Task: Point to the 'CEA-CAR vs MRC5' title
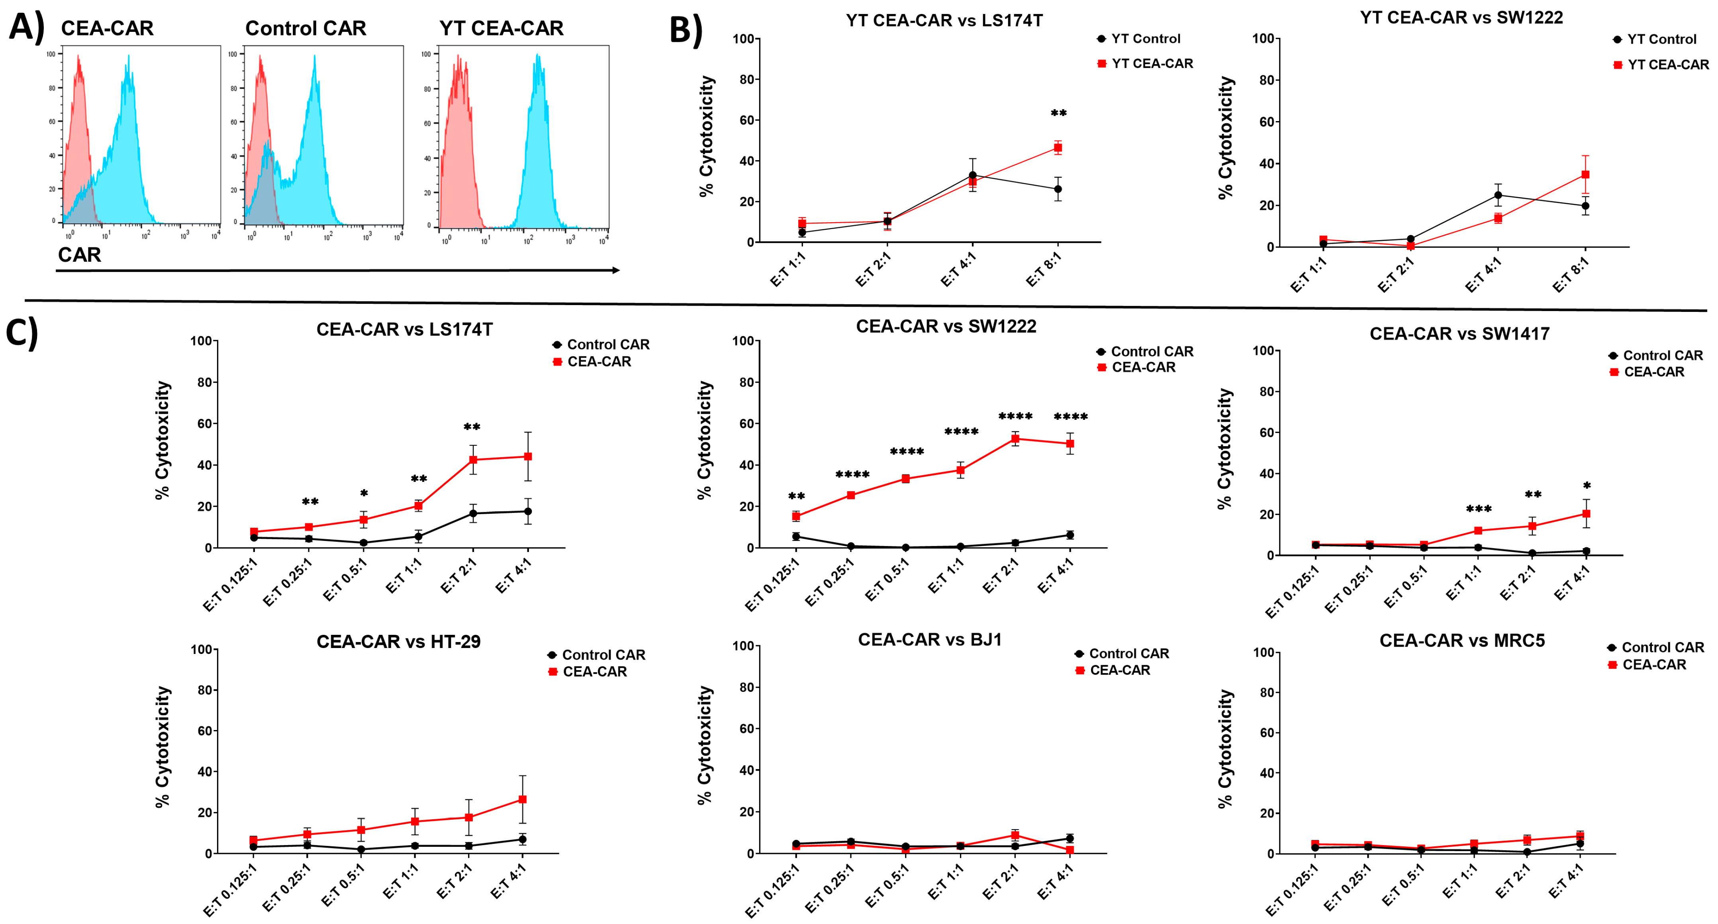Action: (1462, 641)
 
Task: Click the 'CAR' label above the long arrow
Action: (79, 254)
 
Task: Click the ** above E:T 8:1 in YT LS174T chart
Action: (1058, 114)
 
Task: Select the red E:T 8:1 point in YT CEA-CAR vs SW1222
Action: (1585, 175)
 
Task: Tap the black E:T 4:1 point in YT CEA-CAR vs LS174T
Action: (972, 175)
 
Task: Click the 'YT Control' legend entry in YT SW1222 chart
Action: (1661, 39)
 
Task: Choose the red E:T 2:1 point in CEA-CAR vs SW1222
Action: (1015, 439)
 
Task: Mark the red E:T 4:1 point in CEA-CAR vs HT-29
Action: (522, 799)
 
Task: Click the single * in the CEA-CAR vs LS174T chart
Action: (363, 494)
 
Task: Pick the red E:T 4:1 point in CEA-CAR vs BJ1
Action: (1069, 850)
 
